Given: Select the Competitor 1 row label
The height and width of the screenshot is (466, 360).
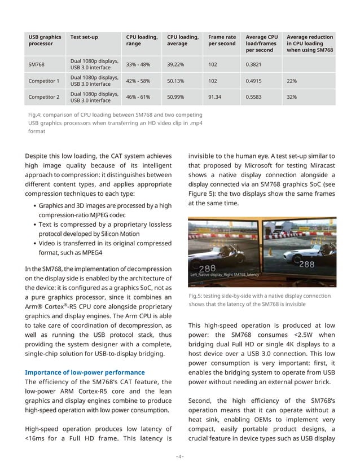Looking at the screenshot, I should [43, 81].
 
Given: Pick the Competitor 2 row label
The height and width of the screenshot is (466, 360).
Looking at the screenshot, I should [43, 97].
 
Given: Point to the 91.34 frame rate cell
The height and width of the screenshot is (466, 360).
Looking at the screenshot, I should [216, 97].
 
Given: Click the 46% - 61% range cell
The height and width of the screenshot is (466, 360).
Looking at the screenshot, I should [138, 97].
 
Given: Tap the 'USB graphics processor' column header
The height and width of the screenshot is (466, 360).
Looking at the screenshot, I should [45, 41].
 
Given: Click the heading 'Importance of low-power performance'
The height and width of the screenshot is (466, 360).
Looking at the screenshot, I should [85, 372].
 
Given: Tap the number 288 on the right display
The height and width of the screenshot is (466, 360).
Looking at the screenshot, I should [306, 264].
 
